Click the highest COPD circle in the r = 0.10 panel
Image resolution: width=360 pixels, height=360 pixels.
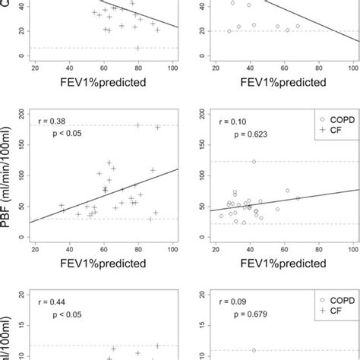point(254,161)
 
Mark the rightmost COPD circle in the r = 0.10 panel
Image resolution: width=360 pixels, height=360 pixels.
point(298,198)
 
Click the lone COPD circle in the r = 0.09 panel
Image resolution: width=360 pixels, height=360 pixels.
point(254,350)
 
